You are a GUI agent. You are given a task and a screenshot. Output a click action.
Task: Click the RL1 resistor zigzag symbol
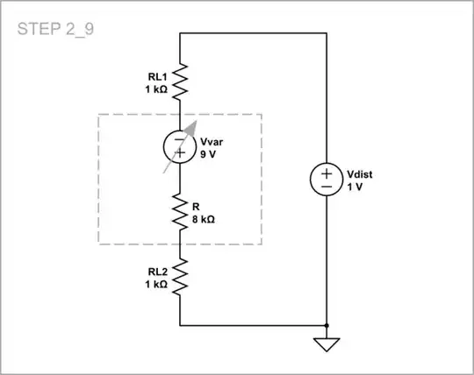pyautogui.click(x=180, y=82)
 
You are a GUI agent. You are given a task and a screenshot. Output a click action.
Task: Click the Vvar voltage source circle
pyautogui.click(x=180, y=146)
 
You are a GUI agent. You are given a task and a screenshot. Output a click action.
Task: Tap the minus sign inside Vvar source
pyautogui.click(x=180, y=138)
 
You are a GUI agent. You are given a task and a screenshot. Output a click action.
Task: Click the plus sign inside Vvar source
pyautogui.click(x=180, y=154)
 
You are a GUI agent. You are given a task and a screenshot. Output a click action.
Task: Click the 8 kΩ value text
pyautogui.click(x=204, y=219)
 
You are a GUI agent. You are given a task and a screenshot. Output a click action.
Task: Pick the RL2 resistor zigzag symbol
pyautogui.click(x=180, y=278)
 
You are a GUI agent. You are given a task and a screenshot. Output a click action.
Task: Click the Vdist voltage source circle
pyautogui.click(x=327, y=180)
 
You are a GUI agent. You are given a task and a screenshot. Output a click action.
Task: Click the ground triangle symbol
pyautogui.click(x=327, y=343)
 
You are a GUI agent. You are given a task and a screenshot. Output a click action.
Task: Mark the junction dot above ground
pyautogui.click(x=327, y=325)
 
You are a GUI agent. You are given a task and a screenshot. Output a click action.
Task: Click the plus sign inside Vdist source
pyautogui.click(x=327, y=172)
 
